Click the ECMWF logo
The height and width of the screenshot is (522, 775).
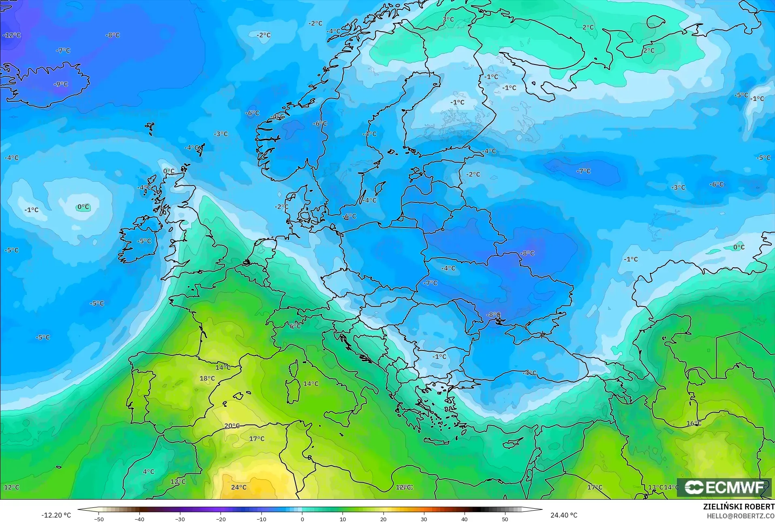[x=724, y=487]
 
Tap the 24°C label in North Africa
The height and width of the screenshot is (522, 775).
[x=239, y=487]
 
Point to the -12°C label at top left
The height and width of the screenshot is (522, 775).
[x=11, y=35]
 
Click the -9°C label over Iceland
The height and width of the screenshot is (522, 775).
[x=61, y=84]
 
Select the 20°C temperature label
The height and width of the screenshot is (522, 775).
[x=232, y=425]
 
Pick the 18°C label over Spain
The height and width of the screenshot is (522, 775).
[x=207, y=378]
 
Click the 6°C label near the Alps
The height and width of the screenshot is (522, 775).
[x=295, y=326]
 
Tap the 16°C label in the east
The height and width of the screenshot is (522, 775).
[x=694, y=423]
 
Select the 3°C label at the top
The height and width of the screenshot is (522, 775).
[x=448, y=19]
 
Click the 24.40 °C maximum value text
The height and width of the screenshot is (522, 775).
[x=563, y=515]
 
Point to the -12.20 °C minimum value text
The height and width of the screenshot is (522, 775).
[x=56, y=515]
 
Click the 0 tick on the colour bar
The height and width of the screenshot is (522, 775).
[x=302, y=519]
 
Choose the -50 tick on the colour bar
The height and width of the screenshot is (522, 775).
[x=99, y=519]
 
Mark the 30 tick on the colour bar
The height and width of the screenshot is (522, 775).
[x=424, y=519]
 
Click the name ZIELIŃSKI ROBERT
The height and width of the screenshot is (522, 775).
[x=739, y=507]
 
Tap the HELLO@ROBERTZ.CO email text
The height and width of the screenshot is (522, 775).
[x=741, y=516]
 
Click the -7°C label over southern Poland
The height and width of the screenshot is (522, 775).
[x=430, y=283]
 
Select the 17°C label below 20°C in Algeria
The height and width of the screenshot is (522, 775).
[x=257, y=438]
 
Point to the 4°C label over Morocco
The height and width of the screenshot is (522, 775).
[x=148, y=471]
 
